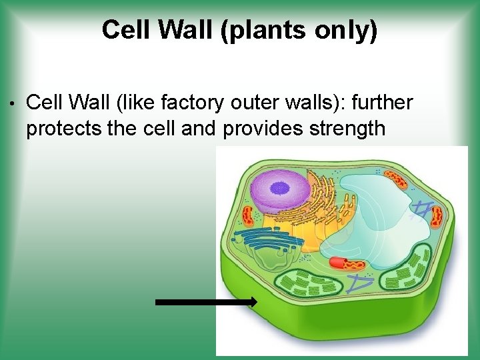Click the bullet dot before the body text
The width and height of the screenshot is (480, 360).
click(x=13, y=104)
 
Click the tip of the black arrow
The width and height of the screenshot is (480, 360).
click(x=255, y=303)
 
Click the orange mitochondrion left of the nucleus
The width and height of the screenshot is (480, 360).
click(x=248, y=214)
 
